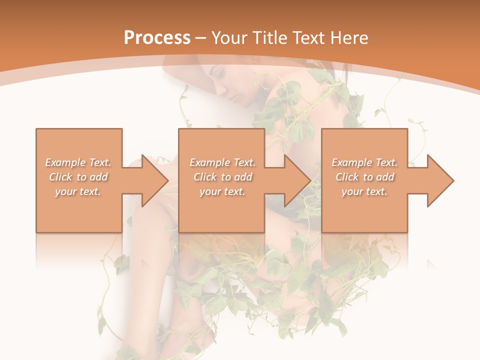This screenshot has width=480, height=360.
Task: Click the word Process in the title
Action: pos(157,38)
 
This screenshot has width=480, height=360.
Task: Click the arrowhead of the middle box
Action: pos(297,180)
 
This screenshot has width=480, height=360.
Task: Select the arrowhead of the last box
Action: pos(440,180)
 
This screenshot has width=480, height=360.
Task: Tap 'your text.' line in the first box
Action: pos(78,191)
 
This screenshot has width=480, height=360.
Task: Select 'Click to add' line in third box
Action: pos(364,177)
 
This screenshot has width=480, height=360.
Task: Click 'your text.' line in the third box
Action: pos(364,191)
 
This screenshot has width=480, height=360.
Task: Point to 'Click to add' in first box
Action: pos(78,177)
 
